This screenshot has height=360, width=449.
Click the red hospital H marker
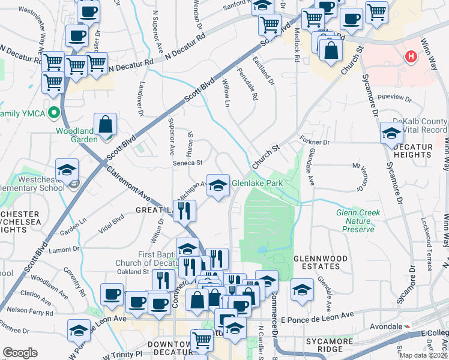[411, 57]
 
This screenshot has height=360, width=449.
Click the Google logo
[20, 353]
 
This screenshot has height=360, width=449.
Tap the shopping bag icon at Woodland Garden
[105, 124]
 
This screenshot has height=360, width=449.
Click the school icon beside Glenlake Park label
[218, 185]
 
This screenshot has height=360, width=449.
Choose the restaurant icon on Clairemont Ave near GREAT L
[184, 211]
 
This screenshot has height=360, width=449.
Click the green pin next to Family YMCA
[54, 112]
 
